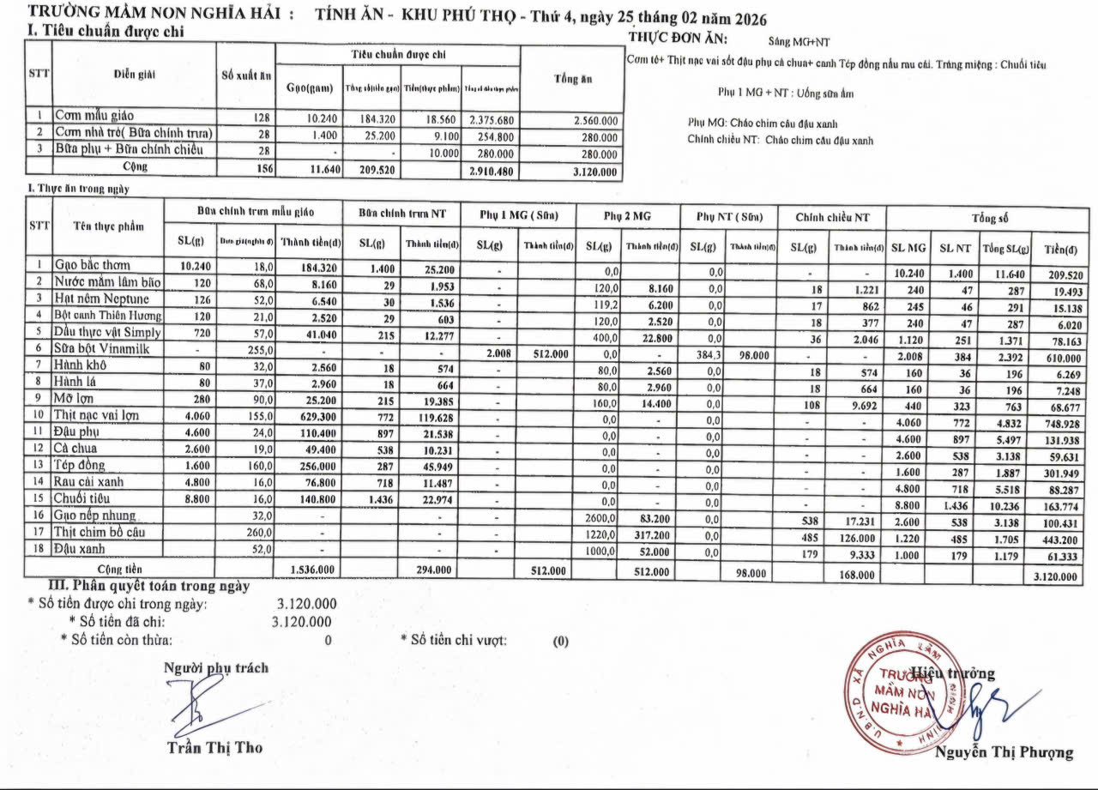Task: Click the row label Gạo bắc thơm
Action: [x=93, y=265]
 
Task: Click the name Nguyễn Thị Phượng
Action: [x=1003, y=752]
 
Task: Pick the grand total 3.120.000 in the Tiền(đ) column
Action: [x=1054, y=577]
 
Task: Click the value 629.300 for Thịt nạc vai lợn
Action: [x=305, y=416]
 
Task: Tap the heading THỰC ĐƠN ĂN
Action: [x=678, y=39]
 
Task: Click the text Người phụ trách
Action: [x=216, y=667]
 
